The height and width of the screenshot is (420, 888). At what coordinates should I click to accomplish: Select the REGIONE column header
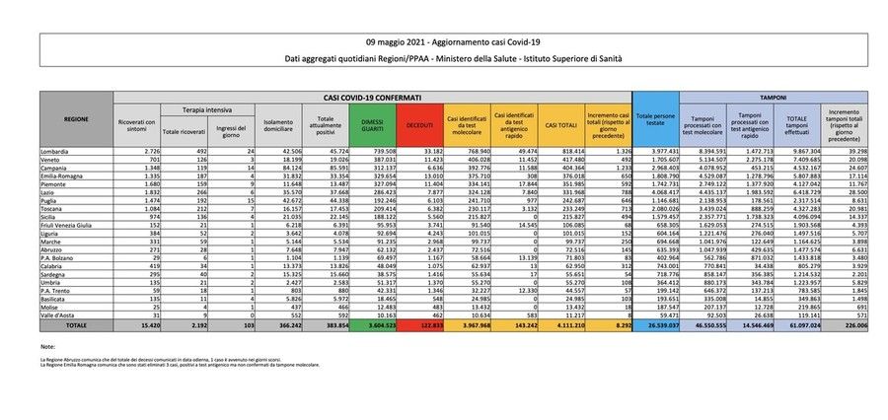(76, 118)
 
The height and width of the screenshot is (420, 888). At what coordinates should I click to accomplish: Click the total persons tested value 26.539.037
(657, 323)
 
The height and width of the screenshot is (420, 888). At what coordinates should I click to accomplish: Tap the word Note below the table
(48, 348)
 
